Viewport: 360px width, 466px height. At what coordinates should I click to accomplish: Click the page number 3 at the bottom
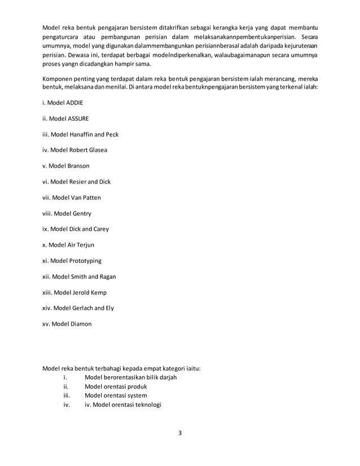[179, 433]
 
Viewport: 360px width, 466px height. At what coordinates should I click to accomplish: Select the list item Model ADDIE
[66, 103]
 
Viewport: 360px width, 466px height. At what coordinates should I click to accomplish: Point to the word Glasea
[97, 150]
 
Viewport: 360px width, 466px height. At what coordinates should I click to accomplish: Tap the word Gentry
[80, 213]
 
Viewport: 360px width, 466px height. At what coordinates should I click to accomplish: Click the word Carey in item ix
[99, 229]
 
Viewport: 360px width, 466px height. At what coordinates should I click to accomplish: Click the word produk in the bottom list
[135, 386]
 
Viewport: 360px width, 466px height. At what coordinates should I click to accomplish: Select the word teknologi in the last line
[144, 404]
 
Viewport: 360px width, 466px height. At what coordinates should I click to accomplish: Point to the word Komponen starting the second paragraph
[59, 80]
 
